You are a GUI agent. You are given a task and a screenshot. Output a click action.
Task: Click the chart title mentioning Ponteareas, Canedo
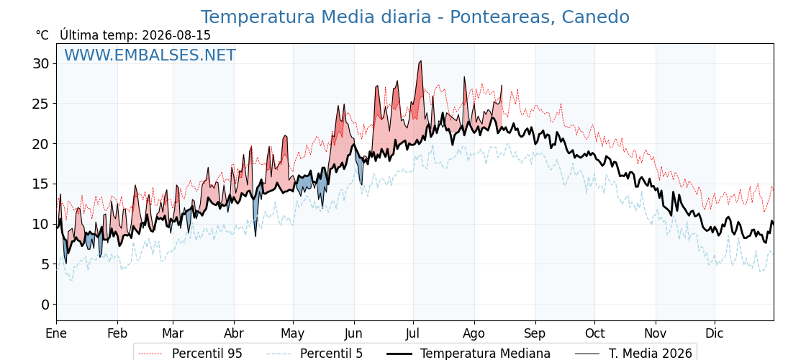click(415, 17)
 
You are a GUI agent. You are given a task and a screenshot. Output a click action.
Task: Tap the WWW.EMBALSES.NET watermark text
click(150, 55)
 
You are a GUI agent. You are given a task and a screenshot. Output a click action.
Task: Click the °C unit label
click(42, 35)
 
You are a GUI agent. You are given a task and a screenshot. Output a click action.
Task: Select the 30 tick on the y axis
click(42, 64)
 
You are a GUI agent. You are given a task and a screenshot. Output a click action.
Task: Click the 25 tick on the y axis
click(42, 104)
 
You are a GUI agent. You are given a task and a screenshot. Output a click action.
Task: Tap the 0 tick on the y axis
click(45, 305)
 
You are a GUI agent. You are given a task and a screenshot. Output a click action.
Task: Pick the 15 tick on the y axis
click(42, 184)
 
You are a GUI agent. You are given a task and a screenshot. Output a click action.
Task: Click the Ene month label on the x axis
click(56, 333)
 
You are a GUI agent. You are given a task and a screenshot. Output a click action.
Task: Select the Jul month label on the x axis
click(413, 333)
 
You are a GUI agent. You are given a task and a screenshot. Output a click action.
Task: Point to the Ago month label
click(474, 334)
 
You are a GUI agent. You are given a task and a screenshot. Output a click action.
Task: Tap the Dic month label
click(715, 333)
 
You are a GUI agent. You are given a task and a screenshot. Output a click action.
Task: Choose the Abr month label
click(234, 333)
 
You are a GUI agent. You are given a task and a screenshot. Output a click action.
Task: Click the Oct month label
click(594, 333)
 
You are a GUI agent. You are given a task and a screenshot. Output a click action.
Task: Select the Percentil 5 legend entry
click(315, 354)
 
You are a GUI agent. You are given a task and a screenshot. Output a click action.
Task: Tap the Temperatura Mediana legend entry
click(468, 354)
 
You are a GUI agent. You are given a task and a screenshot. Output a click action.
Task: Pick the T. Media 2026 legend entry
click(633, 354)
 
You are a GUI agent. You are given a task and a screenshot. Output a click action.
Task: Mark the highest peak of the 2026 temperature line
click(420, 61)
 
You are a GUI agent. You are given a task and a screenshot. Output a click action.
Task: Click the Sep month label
click(535, 334)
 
